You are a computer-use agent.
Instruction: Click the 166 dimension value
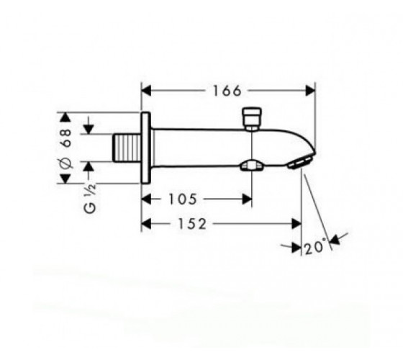click(227, 91)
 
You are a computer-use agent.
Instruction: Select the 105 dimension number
click(183, 199)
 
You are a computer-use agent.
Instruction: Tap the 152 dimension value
click(192, 224)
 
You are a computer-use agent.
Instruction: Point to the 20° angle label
click(315, 247)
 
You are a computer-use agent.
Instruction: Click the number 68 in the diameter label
click(66, 138)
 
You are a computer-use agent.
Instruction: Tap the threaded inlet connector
click(127, 148)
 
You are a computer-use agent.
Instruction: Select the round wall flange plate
click(145, 148)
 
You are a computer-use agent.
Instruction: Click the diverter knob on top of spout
click(252, 119)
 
